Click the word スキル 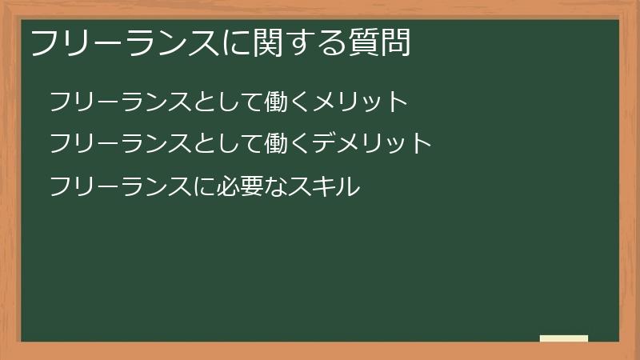tap(324, 186)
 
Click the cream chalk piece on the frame tap(564, 338)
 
